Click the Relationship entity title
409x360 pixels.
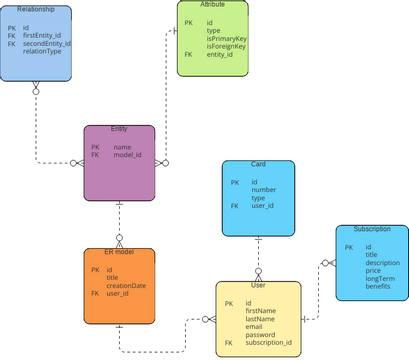pyautogui.click(x=35, y=8)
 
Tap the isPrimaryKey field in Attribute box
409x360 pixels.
pyautogui.click(x=226, y=38)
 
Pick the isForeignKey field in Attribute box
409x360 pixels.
pyautogui.click(x=226, y=46)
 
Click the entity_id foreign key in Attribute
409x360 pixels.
pyautogui.click(x=220, y=54)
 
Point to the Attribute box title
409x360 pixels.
pyautogui.click(x=213, y=5)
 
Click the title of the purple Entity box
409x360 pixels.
pyautogui.click(x=119, y=130)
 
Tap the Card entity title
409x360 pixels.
pyautogui.click(x=258, y=163)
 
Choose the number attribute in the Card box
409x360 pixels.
pyautogui.click(x=263, y=189)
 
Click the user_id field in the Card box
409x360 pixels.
pyautogui.click(x=263, y=205)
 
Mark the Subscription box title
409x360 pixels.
pyautogui.click(x=371, y=229)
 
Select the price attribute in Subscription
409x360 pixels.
pyautogui.click(x=373, y=270)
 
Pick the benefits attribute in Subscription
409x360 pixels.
pyautogui.click(x=378, y=286)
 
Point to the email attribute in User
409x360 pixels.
pyautogui.click(x=254, y=326)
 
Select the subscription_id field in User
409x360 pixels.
pyautogui.click(x=268, y=342)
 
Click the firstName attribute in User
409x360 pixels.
pyautogui.click(x=260, y=310)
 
